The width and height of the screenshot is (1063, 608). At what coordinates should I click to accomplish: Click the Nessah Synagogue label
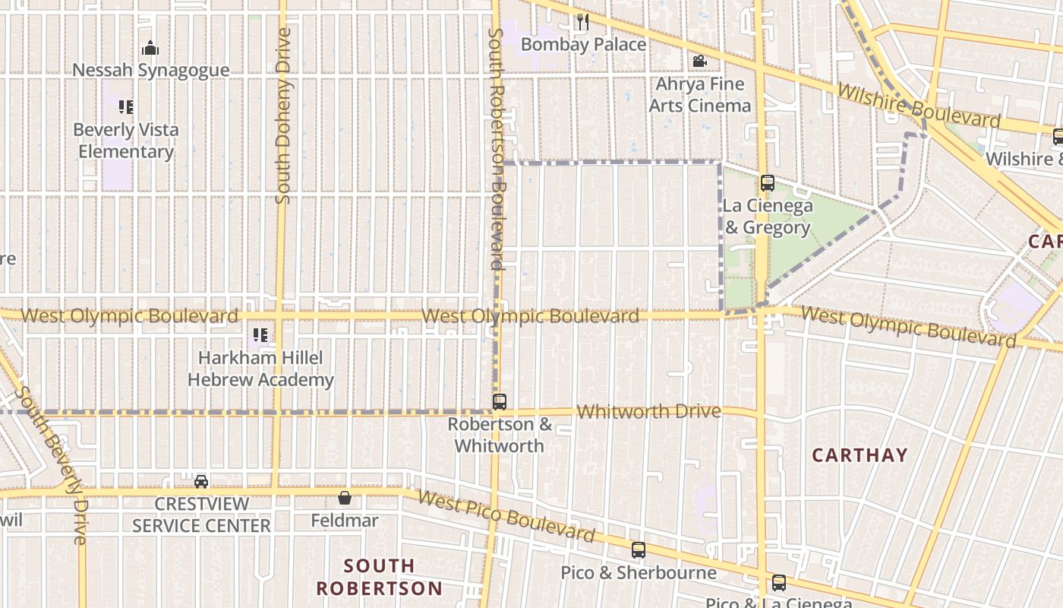pos(150,71)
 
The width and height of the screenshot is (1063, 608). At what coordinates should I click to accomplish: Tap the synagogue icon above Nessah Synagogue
pos(150,49)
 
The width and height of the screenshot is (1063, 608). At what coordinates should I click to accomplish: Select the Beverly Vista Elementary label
pos(126,141)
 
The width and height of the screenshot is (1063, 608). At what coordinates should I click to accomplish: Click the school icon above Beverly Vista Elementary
pos(126,107)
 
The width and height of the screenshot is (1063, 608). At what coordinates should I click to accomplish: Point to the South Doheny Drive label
pos(283,116)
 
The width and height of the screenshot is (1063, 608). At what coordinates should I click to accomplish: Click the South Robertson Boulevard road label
pos(497,150)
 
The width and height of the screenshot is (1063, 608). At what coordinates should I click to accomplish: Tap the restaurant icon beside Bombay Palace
pos(582,22)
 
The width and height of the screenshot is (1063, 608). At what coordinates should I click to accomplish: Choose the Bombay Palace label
pos(583,45)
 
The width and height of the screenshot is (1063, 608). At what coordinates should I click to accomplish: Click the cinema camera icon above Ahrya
pos(699,61)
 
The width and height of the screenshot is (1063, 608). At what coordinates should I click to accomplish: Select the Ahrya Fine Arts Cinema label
pos(699,94)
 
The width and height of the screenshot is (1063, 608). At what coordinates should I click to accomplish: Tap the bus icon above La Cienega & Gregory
pos(768,183)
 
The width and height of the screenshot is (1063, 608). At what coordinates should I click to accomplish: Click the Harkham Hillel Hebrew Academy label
pos(260,369)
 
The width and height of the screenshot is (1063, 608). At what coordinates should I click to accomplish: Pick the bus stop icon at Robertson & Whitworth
pos(499,402)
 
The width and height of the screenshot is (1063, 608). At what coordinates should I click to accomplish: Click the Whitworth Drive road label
pos(648,412)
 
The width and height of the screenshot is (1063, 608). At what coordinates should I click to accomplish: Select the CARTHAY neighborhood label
pos(860,455)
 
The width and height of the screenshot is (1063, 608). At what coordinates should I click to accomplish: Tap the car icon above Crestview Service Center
pos(201,481)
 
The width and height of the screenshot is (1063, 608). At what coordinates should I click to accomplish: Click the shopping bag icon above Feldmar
pos(345,498)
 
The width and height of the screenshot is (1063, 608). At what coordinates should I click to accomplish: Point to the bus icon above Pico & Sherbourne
pos(639,550)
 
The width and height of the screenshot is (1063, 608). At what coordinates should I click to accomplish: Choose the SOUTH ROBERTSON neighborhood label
pos(379,577)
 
